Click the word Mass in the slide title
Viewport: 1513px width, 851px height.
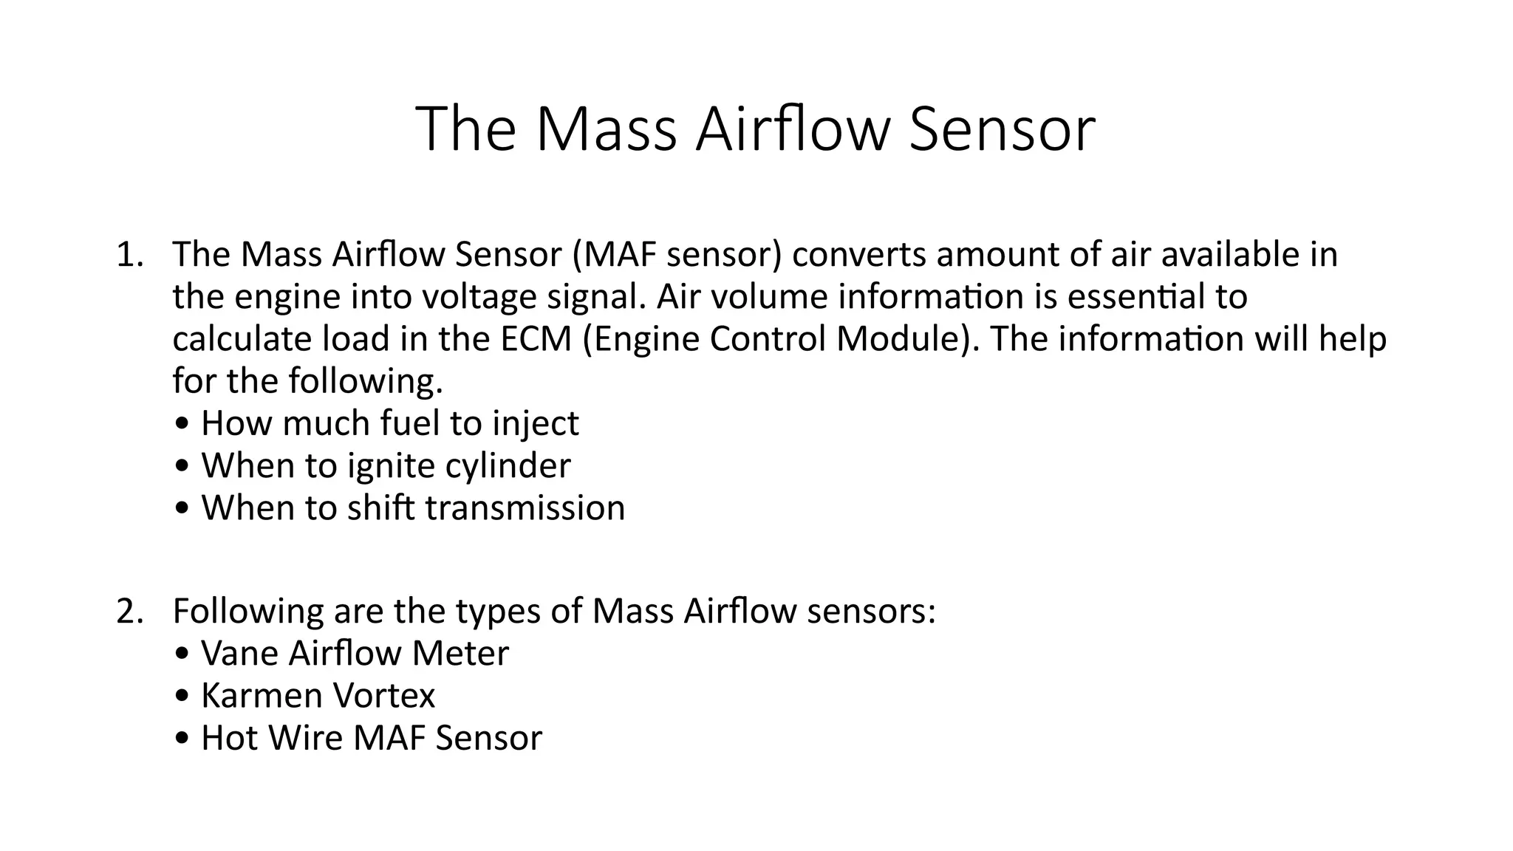(605, 130)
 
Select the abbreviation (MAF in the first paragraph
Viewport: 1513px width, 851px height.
(614, 255)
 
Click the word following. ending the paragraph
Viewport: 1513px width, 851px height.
(366, 383)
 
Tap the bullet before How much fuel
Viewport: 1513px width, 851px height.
(182, 425)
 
